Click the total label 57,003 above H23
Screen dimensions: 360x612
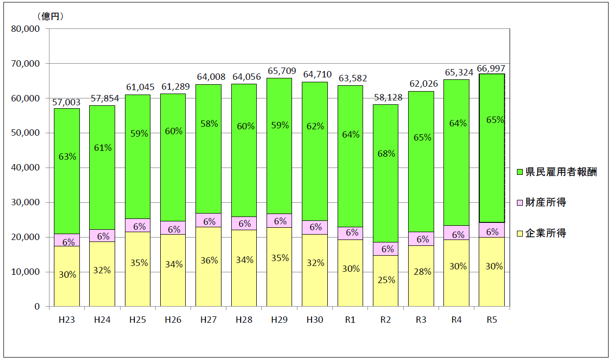[x=67, y=101]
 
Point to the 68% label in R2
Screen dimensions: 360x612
[x=386, y=153]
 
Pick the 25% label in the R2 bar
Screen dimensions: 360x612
[x=386, y=280]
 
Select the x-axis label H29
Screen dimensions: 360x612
[x=279, y=320]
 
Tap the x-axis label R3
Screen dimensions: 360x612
[x=421, y=320]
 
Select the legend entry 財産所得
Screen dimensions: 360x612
[x=545, y=202]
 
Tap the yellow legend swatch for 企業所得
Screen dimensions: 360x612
[x=520, y=234]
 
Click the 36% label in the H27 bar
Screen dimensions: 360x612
[x=209, y=261]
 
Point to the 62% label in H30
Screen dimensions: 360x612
[x=315, y=126]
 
